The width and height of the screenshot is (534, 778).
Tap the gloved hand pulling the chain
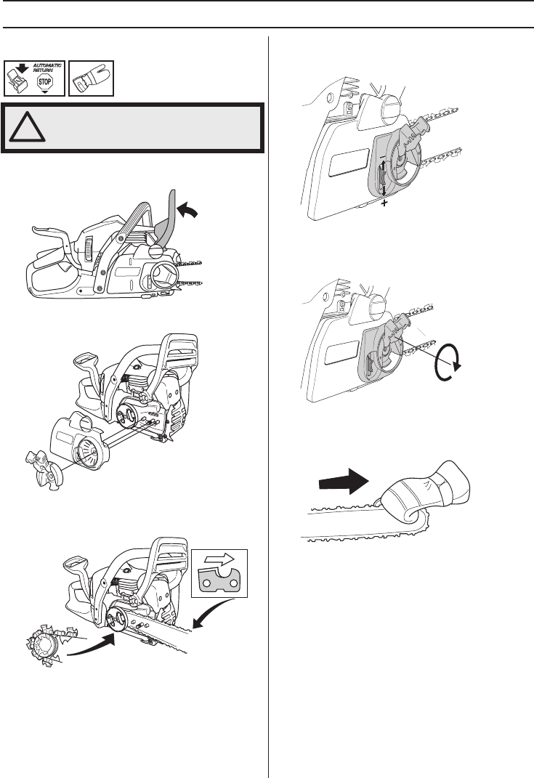[x=424, y=493]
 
